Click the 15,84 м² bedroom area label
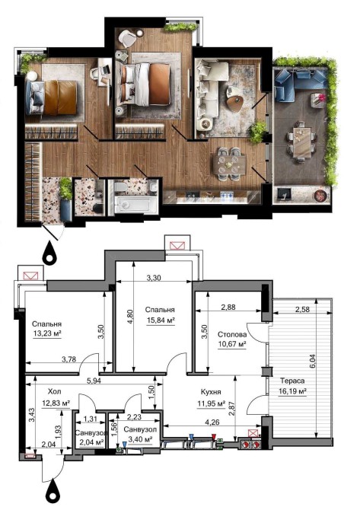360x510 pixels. click(x=161, y=320)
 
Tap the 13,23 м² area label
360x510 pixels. click(x=47, y=333)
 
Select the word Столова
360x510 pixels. click(x=232, y=334)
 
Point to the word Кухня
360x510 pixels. click(x=211, y=392)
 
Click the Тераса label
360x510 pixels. click(x=292, y=381)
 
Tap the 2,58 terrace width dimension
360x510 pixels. click(x=302, y=309)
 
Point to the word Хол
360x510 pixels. click(x=54, y=391)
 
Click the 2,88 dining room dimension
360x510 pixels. click(x=228, y=307)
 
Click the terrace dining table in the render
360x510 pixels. click(x=301, y=142)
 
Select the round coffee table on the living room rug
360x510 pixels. click(x=235, y=102)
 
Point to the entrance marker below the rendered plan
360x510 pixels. click(x=49, y=252)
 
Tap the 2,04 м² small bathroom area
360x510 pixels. click(x=91, y=442)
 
